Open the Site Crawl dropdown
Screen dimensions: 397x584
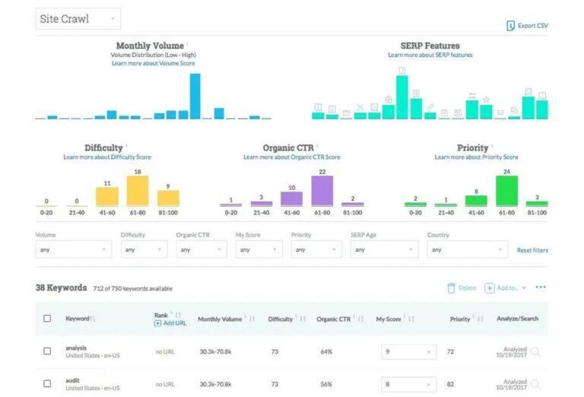78,18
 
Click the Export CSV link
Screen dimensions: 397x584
527,26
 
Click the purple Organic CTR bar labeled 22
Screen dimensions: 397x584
322,191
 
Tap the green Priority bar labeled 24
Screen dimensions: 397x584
506,191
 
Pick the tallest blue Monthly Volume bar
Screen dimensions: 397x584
195,96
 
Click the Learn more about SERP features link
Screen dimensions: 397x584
430,55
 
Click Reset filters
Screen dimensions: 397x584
532,250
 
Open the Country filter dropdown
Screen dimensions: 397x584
467,249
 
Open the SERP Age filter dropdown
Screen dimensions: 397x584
384,249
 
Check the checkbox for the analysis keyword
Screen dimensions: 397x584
47,351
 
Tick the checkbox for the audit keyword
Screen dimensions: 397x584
47,384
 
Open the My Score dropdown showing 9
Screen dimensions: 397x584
408,352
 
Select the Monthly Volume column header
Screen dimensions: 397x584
220,319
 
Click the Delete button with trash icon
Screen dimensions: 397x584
462,288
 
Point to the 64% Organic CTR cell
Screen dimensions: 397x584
327,352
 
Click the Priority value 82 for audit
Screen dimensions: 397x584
451,385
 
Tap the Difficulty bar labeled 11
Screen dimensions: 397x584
107,197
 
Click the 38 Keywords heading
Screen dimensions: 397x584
62,288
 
